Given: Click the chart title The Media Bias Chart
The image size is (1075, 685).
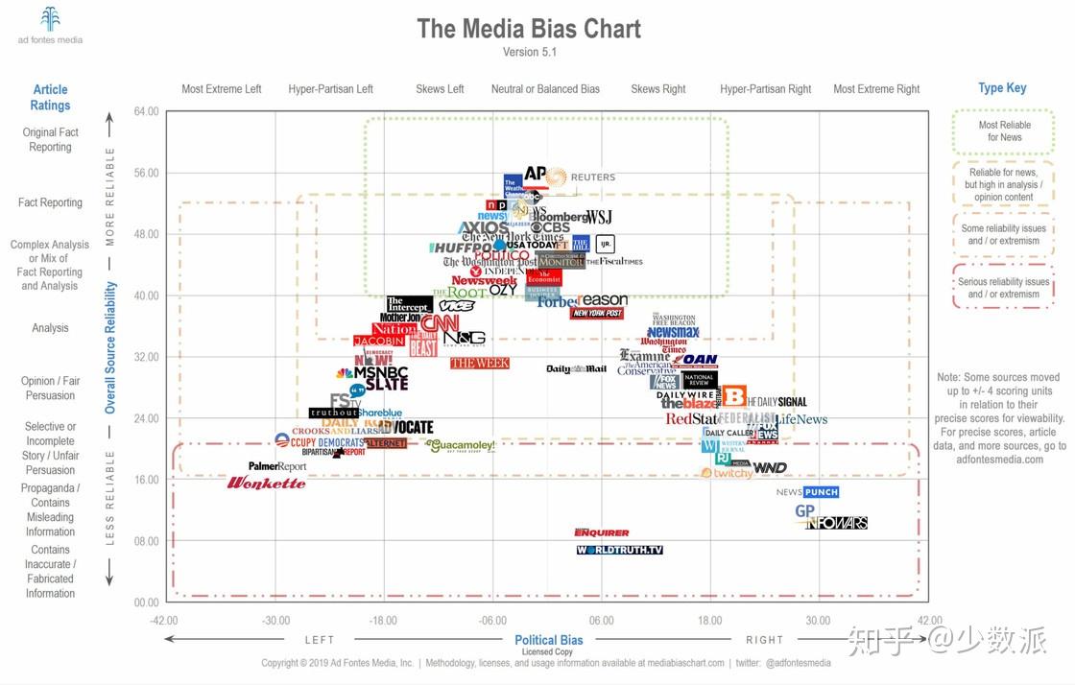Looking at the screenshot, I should point(529,29).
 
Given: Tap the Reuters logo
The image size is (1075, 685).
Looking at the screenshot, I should point(582,177).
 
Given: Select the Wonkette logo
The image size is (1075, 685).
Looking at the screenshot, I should point(266,483).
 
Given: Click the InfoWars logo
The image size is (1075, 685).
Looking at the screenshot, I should point(837,523).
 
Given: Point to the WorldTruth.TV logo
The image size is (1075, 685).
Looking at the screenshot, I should point(620,550).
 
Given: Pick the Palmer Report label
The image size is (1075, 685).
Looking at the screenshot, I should point(277,466).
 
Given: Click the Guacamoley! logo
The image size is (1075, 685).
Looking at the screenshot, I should point(462,445).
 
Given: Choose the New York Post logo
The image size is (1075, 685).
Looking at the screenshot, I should point(597,314).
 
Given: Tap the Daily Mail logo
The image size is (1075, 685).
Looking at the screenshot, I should point(576,369).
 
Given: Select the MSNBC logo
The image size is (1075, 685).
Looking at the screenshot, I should point(373,372).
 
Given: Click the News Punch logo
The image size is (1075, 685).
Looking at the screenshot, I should point(807,492).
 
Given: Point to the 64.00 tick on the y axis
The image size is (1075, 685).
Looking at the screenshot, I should point(146,112).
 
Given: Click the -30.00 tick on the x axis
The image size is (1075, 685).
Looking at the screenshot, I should point(276,621).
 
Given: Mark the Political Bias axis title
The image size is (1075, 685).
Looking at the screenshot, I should point(549,640).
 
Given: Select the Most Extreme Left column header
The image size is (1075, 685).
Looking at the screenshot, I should point(222,89).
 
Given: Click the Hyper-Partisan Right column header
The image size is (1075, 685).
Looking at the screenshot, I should point(766,89).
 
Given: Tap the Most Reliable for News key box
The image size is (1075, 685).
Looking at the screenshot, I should point(1004,131).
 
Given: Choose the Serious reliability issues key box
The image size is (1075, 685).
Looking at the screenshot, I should point(1003,288).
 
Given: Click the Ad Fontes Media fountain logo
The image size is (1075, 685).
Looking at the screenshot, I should point(50,19).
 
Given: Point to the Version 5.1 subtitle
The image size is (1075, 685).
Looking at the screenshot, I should point(529,53).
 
